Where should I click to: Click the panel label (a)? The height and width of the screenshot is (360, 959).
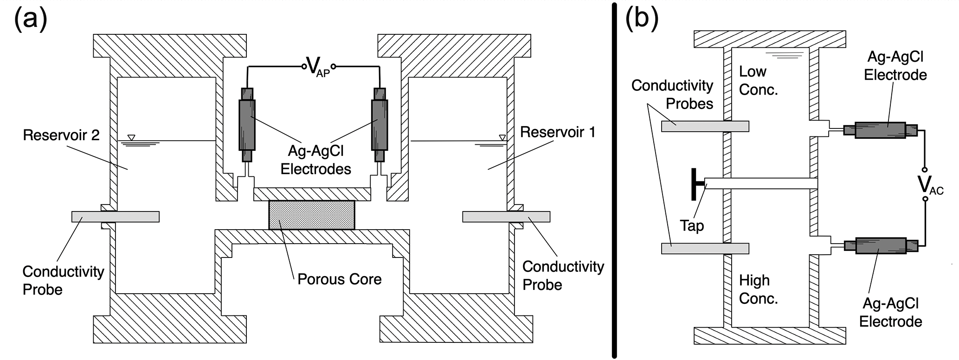(31, 20)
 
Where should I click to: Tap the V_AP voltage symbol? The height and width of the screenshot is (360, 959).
(318, 67)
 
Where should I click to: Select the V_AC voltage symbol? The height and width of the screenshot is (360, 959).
(930, 185)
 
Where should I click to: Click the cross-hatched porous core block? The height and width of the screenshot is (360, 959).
(312, 215)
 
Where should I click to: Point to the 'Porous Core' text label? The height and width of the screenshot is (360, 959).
(339, 279)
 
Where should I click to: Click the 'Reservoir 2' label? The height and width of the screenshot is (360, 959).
(61, 135)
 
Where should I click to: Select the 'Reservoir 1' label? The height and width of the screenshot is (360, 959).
(557, 132)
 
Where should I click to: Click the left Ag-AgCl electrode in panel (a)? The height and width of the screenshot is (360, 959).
(247, 125)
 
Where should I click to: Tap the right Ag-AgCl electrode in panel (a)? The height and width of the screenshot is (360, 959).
(380, 125)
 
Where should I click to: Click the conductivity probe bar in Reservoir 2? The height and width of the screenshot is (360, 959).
(116, 217)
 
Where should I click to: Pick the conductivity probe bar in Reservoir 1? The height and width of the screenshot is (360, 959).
(506, 217)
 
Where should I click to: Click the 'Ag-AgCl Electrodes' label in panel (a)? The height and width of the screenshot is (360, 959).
(316, 160)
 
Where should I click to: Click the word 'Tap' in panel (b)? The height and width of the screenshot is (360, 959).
(692, 226)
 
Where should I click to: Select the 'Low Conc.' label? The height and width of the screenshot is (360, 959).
(758, 81)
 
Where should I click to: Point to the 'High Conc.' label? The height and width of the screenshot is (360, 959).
(758, 289)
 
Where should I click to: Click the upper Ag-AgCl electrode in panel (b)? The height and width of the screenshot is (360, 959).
(880, 130)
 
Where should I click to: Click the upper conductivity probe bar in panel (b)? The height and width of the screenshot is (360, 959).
(705, 126)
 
